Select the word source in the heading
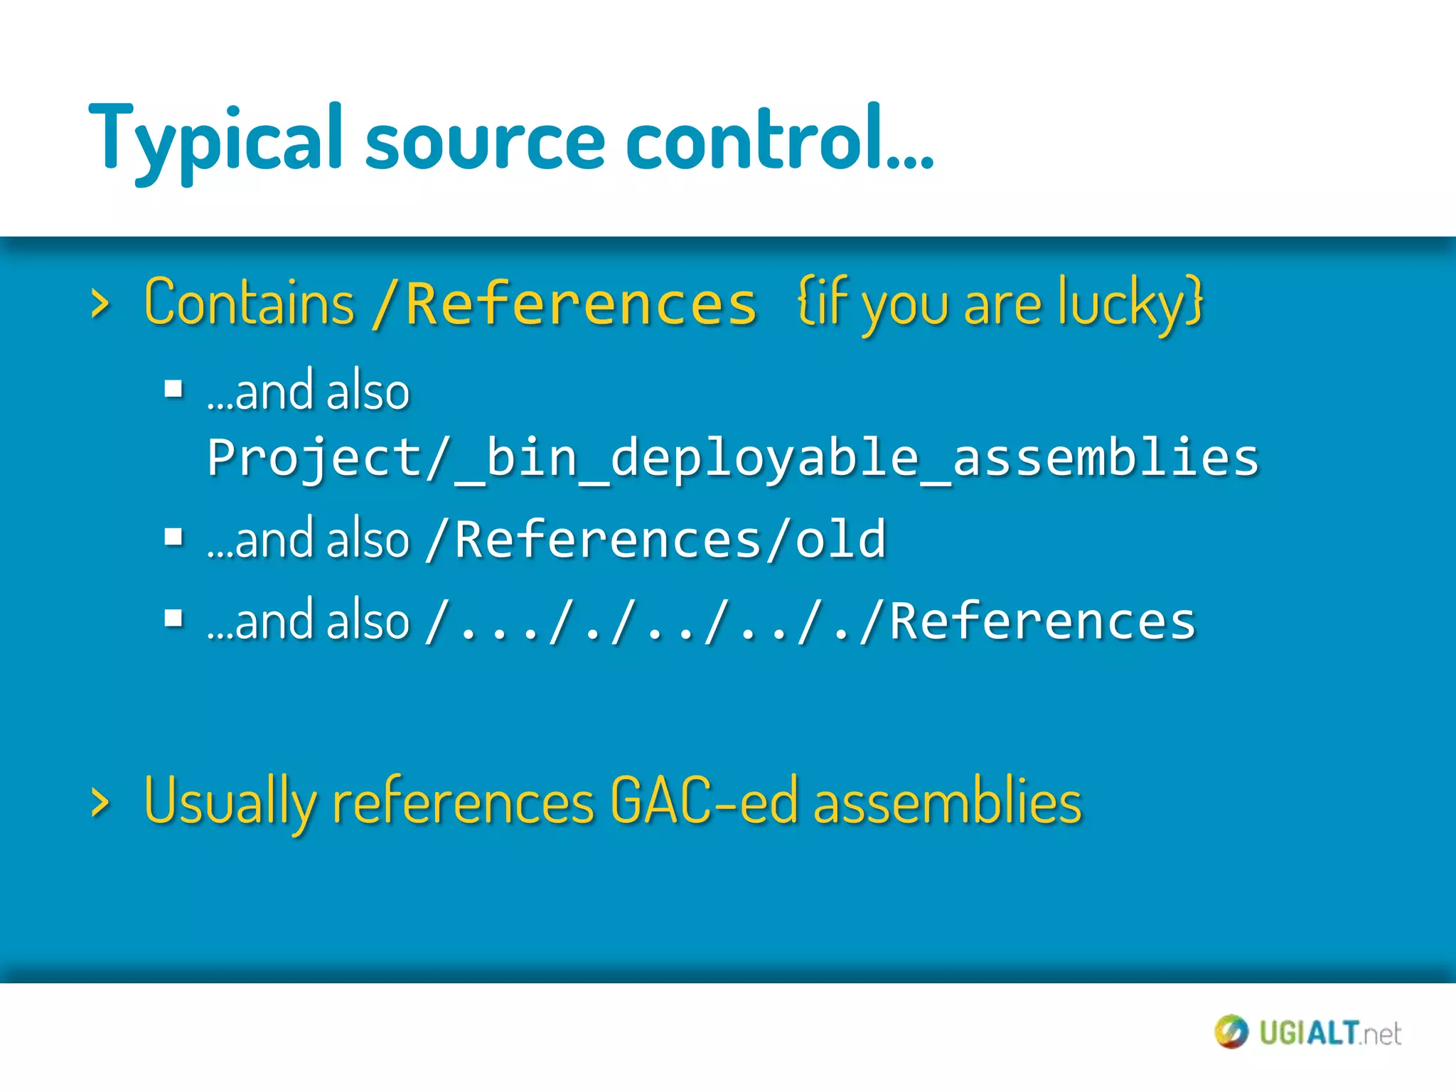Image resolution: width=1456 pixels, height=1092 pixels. (x=484, y=142)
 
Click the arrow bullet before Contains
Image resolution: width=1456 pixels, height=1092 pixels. (x=100, y=304)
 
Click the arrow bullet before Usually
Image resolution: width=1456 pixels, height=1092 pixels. (x=100, y=803)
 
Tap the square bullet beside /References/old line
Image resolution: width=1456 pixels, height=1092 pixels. (x=173, y=537)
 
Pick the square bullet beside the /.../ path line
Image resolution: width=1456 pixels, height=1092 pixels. (x=173, y=619)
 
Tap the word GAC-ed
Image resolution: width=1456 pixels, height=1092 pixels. (x=704, y=801)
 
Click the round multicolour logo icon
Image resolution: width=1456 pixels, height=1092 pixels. (x=1231, y=1032)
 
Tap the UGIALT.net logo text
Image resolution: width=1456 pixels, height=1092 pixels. (x=1329, y=1033)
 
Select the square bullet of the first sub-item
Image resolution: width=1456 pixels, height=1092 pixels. (x=173, y=389)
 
